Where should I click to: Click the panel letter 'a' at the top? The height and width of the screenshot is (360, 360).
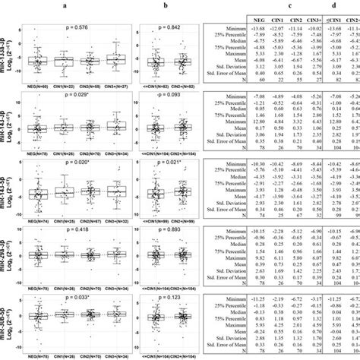[82, 5]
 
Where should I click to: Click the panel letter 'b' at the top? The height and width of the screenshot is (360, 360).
[165, 5]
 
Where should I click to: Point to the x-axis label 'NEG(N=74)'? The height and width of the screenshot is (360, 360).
[37, 221]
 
